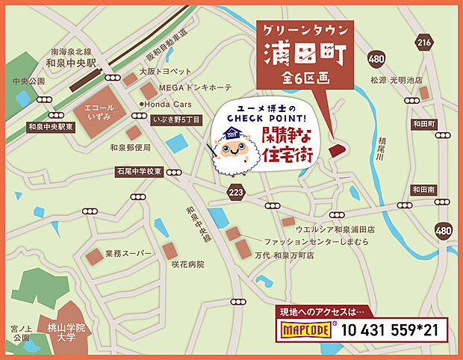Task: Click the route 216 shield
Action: pyautogui.click(x=425, y=43)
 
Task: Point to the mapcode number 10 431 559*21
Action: pyautogui.click(x=391, y=329)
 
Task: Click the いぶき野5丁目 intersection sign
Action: pyautogui.click(x=175, y=120)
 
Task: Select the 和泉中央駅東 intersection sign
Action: pyautogui.click(x=49, y=127)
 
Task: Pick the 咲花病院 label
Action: pyautogui.click(x=187, y=264)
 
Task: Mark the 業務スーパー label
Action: pyautogui.click(x=128, y=254)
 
